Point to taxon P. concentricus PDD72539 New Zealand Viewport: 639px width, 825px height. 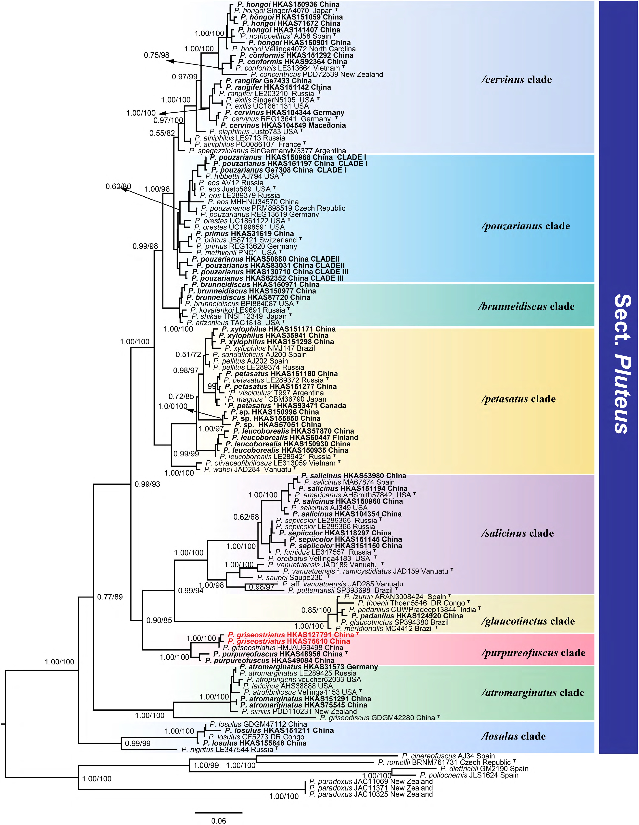pyautogui.click(x=317, y=74)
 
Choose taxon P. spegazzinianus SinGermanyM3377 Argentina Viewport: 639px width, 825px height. pyautogui.click(x=267, y=151)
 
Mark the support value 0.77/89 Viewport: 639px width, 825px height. pyautogui.click(x=110, y=597)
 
